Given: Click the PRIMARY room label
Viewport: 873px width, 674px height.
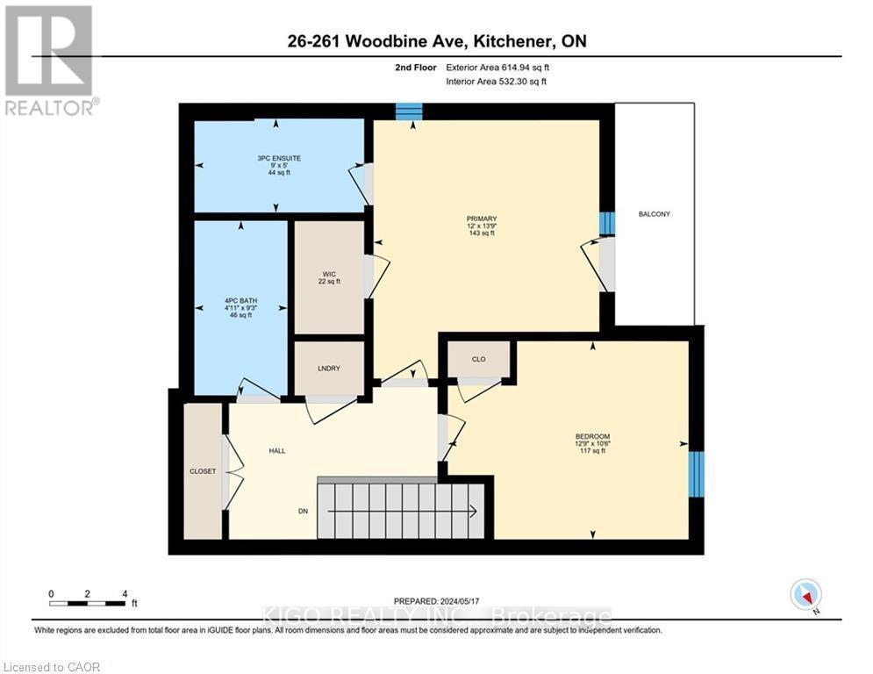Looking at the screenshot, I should [482, 219].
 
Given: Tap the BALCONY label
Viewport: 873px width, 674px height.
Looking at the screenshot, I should [654, 214].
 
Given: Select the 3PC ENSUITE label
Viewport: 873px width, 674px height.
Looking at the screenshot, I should [279, 158].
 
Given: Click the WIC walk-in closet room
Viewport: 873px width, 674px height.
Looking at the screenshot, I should [329, 276].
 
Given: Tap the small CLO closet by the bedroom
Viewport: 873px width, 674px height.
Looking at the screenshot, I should [478, 358].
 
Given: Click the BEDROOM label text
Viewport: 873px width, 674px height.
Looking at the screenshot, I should [592, 437].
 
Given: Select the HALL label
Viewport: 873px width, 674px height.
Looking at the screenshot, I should [277, 451].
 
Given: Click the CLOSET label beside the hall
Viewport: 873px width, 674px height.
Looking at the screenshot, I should [203, 471].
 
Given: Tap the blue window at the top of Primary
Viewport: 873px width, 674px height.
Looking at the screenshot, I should [408, 111].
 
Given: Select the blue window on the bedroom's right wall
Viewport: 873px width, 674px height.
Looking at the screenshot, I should [696, 474].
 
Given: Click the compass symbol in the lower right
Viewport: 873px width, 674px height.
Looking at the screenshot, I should [805, 594].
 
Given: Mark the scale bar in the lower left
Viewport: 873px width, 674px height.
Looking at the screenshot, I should [87, 603].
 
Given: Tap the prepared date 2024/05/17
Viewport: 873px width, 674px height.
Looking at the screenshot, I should [436, 600].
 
